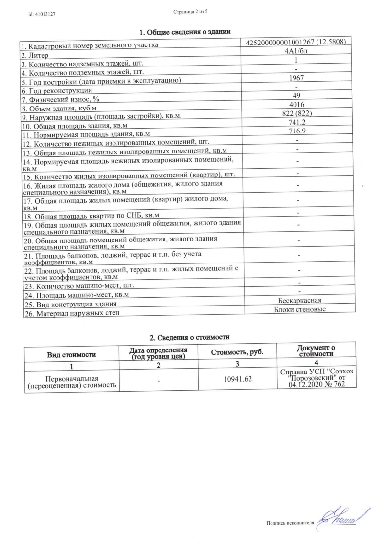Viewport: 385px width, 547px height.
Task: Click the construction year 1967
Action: [x=297, y=78]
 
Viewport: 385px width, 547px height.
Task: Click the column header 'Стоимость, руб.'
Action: [x=236, y=352]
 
